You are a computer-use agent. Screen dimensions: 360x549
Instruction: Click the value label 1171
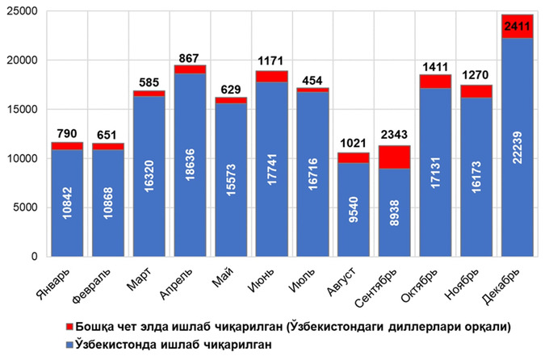click(x=273, y=60)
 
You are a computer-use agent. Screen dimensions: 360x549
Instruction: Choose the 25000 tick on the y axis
click(x=27, y=11)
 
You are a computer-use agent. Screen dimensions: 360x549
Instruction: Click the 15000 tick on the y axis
click(x=27, y=110)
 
